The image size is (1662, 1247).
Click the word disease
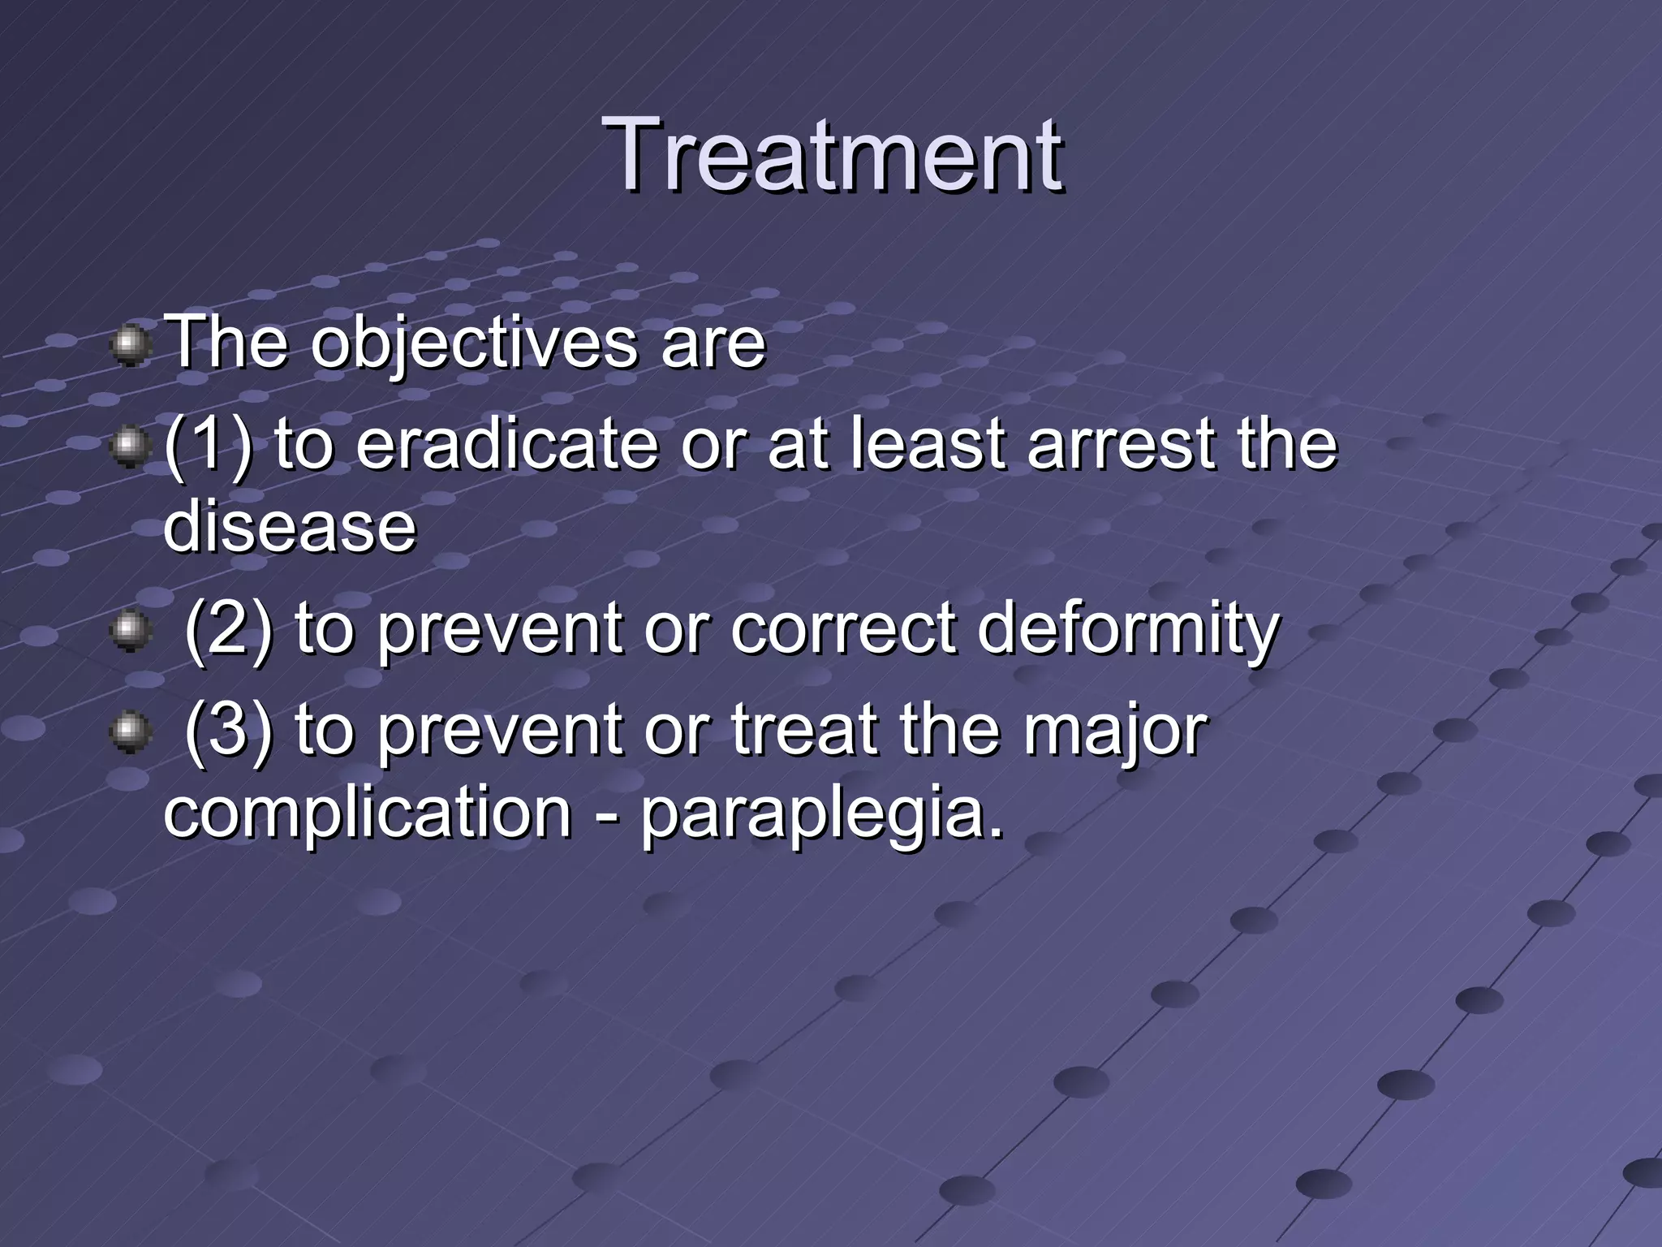(290, 528)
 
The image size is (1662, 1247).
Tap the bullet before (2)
(129, 631)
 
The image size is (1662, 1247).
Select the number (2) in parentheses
(228, 629)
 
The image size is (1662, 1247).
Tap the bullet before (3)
(129, 733)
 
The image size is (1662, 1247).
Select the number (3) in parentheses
(228, 731)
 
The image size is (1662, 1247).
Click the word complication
(368, 814)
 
